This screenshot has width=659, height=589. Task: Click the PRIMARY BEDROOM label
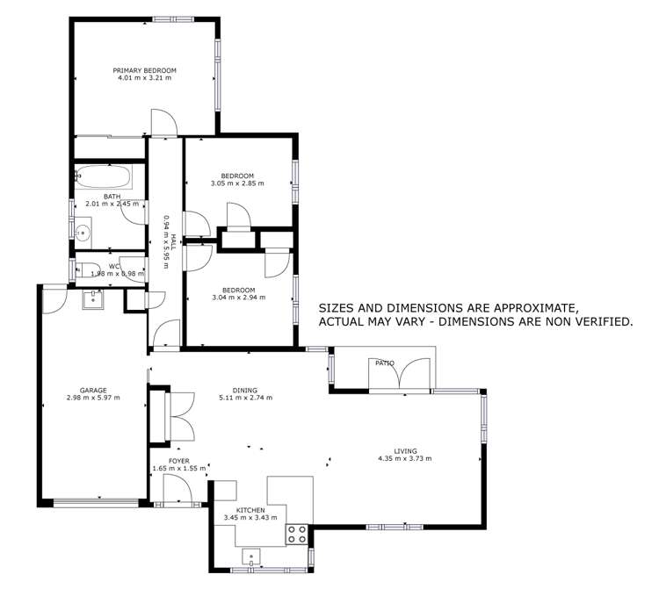tap(144, 70)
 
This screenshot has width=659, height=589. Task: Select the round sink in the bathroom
tap(83, 233)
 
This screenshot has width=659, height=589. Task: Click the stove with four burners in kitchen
tap(297, 533)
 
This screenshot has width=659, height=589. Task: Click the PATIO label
tap(385, 363)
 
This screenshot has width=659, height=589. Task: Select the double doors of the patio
tap(402, 376)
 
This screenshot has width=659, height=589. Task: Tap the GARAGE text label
tap(92, 390)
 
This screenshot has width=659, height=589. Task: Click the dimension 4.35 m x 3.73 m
tap(404, 458)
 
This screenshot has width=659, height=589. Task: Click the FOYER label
tap(178, 461)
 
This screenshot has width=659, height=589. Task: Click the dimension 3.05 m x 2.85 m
tap(237, 183)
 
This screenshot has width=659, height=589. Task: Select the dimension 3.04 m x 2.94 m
tap(238, 298)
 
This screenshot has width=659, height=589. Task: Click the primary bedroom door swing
tap(163, 122)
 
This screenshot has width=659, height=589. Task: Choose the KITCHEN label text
tap(250, 510)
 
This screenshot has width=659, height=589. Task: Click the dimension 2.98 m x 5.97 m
tap(92, 398)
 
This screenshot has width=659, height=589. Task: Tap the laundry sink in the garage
tap(93, 300)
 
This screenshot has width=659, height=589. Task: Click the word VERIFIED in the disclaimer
tap(599, 322)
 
